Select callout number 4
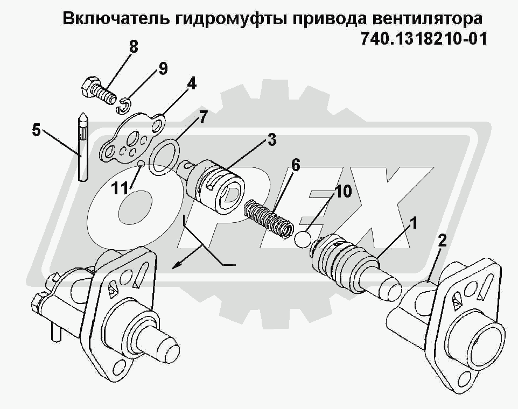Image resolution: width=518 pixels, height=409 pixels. (191, 83)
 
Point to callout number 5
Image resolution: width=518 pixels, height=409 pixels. (36, 130)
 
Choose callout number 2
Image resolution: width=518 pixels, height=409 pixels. (442, 240)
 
